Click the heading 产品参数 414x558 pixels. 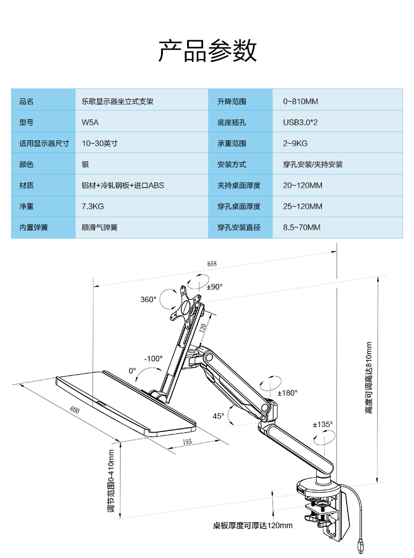click(207, 51)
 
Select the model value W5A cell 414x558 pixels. click(90, 123)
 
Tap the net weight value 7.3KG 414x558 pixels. click(93, 207)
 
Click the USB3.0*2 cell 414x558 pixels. click(300, 123)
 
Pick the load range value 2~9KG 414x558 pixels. click(295, 144)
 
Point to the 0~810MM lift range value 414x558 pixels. click(300, 102)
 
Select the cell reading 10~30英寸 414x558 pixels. click(100, 144)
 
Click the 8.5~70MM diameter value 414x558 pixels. click(301, 228)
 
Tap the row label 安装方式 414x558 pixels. click(232, 165)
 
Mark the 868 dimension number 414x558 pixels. click(212, 264)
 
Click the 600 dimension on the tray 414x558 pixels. click(75, 410)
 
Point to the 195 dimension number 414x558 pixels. click(187, 442)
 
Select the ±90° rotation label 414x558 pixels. click(215, 287)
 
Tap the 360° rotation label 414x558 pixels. click(148, 299)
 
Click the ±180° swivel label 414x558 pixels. click(287, 393)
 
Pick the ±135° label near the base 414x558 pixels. click(322, 425)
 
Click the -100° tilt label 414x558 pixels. click(153, 359)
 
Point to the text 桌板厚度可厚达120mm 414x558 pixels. click(253, 525)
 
